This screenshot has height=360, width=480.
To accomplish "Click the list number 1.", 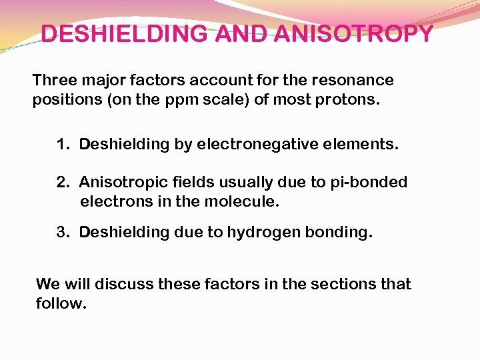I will [x=63, y=145].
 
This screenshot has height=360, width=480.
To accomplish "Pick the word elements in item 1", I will [x=369, y=145].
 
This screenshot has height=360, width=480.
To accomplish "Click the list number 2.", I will [x=63, y=183].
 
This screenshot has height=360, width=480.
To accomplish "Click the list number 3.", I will [x=63, y=232].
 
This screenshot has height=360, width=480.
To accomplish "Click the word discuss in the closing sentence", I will [x=123, y=284].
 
